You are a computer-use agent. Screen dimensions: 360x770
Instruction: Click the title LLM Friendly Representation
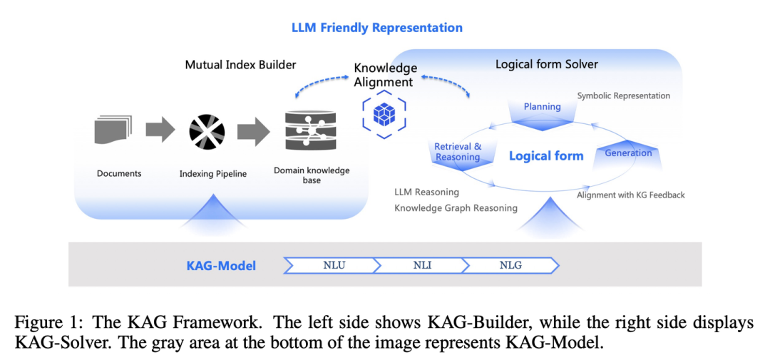(x=376, y=28)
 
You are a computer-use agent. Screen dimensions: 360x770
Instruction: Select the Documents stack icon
(x=113, y=130)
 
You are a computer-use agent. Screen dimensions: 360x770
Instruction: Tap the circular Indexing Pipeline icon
(x=207, y=131)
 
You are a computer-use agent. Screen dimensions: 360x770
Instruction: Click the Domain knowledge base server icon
(x=311, y=130)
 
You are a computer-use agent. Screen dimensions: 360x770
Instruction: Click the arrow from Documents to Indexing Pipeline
(x=160, y=130)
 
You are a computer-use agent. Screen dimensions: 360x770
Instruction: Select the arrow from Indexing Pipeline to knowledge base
(x=253, y=130)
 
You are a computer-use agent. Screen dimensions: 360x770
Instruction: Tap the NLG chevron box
(x=510, y=265)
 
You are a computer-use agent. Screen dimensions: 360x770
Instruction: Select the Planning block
(x=543, y=109)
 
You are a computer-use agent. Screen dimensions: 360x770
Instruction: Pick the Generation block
(x=627, y=154)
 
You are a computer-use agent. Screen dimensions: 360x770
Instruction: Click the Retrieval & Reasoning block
(x=458, y=152)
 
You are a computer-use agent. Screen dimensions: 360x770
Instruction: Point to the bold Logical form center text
(x=545, y=156)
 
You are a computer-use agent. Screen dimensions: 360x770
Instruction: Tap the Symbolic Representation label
(x=623, y=96)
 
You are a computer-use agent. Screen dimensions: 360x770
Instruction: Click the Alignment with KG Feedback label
(x=630, y=195)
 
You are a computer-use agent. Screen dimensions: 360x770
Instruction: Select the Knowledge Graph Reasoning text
(x=456, y=208)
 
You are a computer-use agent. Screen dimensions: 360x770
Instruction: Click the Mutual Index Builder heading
(x=240, y=65)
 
